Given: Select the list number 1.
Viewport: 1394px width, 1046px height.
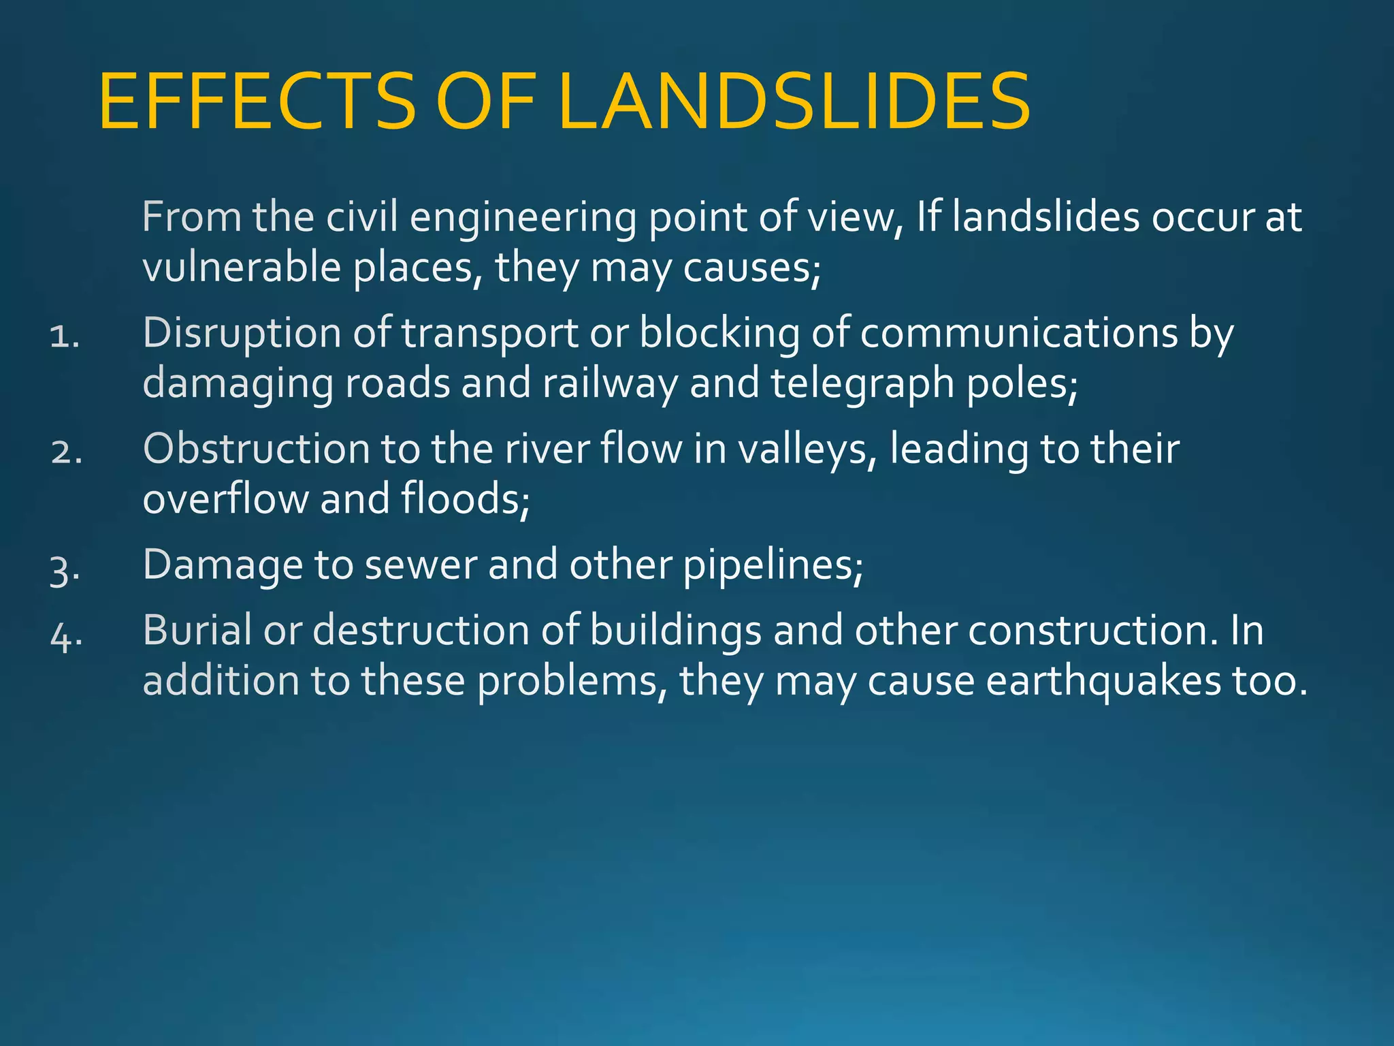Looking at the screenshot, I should tap(65, 336).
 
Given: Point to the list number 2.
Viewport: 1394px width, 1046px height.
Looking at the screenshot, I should tap(66, 451).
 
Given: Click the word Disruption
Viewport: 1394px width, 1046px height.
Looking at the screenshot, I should tap(242, 334).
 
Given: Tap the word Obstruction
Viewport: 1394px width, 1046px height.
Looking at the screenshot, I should tap(256, 449).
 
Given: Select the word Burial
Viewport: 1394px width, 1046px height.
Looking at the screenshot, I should tap(197, 630).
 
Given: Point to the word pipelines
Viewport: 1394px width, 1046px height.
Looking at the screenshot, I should tap(773, 565).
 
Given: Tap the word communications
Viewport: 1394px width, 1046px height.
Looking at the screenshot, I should tap(1018, 334).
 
